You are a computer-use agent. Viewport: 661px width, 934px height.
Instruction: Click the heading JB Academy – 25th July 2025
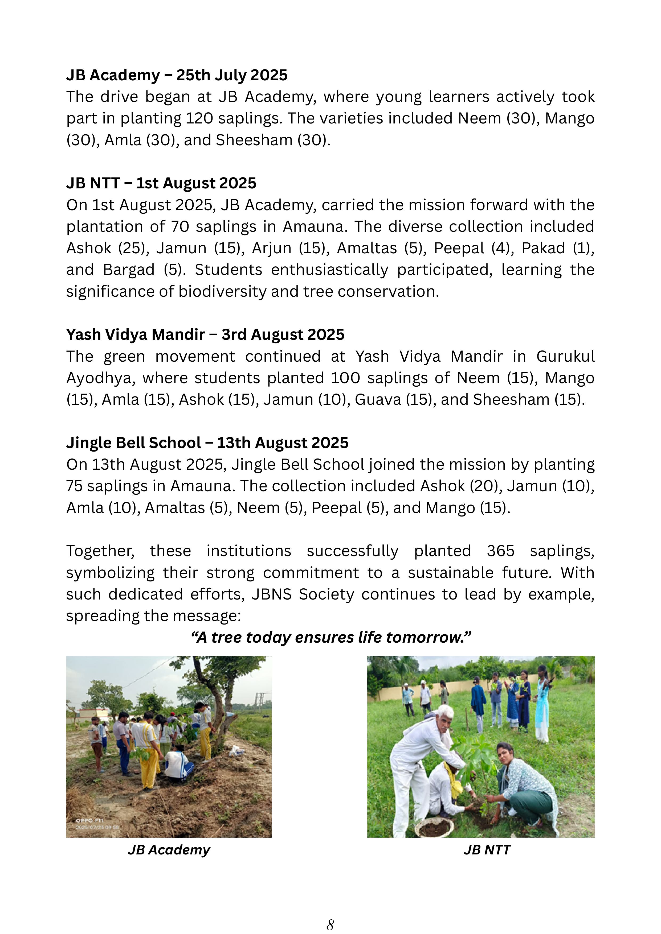point(177,75)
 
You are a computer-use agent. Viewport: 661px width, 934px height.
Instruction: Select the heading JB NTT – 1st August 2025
point(161,183)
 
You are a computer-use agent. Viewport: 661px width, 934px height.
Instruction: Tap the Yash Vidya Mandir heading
point(205,334)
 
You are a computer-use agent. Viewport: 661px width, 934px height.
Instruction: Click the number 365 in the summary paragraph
point(500,551)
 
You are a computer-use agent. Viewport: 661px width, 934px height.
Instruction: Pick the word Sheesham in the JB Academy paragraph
point(254,140)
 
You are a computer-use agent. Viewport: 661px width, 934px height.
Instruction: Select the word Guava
point(378,399)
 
